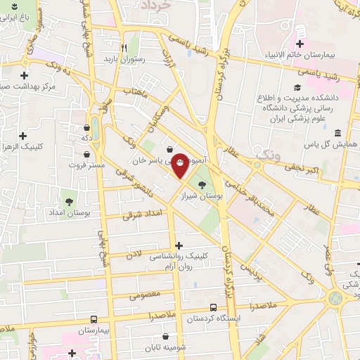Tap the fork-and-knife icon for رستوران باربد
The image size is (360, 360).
pyautogui.click(x=124, y=49)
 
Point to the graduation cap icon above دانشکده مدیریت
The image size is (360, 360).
pyautogui.click(x=297, y=88)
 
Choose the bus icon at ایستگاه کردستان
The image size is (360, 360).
pyautogui.click(x=213, y=307)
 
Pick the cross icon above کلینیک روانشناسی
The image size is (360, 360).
pyautogui.click(x=179, y=245)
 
